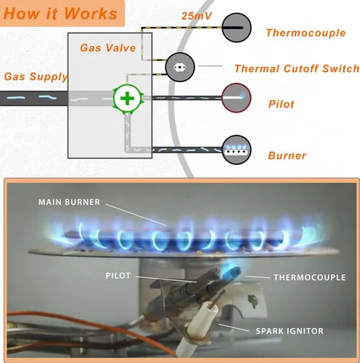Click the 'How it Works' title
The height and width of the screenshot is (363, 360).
pos(60,13)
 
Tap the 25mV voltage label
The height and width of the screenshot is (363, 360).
pos(197,16)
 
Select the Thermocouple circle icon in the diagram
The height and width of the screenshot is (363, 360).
pos(237,28)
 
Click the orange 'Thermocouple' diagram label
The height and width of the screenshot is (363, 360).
pos(306,33)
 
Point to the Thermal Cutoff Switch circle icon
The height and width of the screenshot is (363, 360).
pos(180,67)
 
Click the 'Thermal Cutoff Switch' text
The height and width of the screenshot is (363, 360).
pos(297,69)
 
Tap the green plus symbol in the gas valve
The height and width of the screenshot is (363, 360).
pos(127,99)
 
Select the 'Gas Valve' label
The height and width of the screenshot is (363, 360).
pos(107,48)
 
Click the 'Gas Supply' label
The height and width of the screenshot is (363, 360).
pos(36,77)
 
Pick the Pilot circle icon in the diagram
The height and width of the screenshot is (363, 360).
pos(237,98)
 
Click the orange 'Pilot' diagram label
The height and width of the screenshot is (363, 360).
pos(282,104)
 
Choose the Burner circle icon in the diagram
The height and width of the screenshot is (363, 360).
pos(237,150)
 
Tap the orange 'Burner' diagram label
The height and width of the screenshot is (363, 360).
pos(287,155)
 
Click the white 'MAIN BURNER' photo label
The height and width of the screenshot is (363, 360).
pos(69,202)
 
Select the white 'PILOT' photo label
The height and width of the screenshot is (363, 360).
pos(118,276)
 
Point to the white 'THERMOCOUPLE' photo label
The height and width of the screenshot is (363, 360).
pos(310,277)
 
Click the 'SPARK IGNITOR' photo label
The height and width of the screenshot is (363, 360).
pos(290,331)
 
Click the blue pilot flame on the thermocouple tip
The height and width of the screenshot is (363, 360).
pos(232,272)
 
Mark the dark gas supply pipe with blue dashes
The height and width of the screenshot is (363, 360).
pos(34,98)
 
